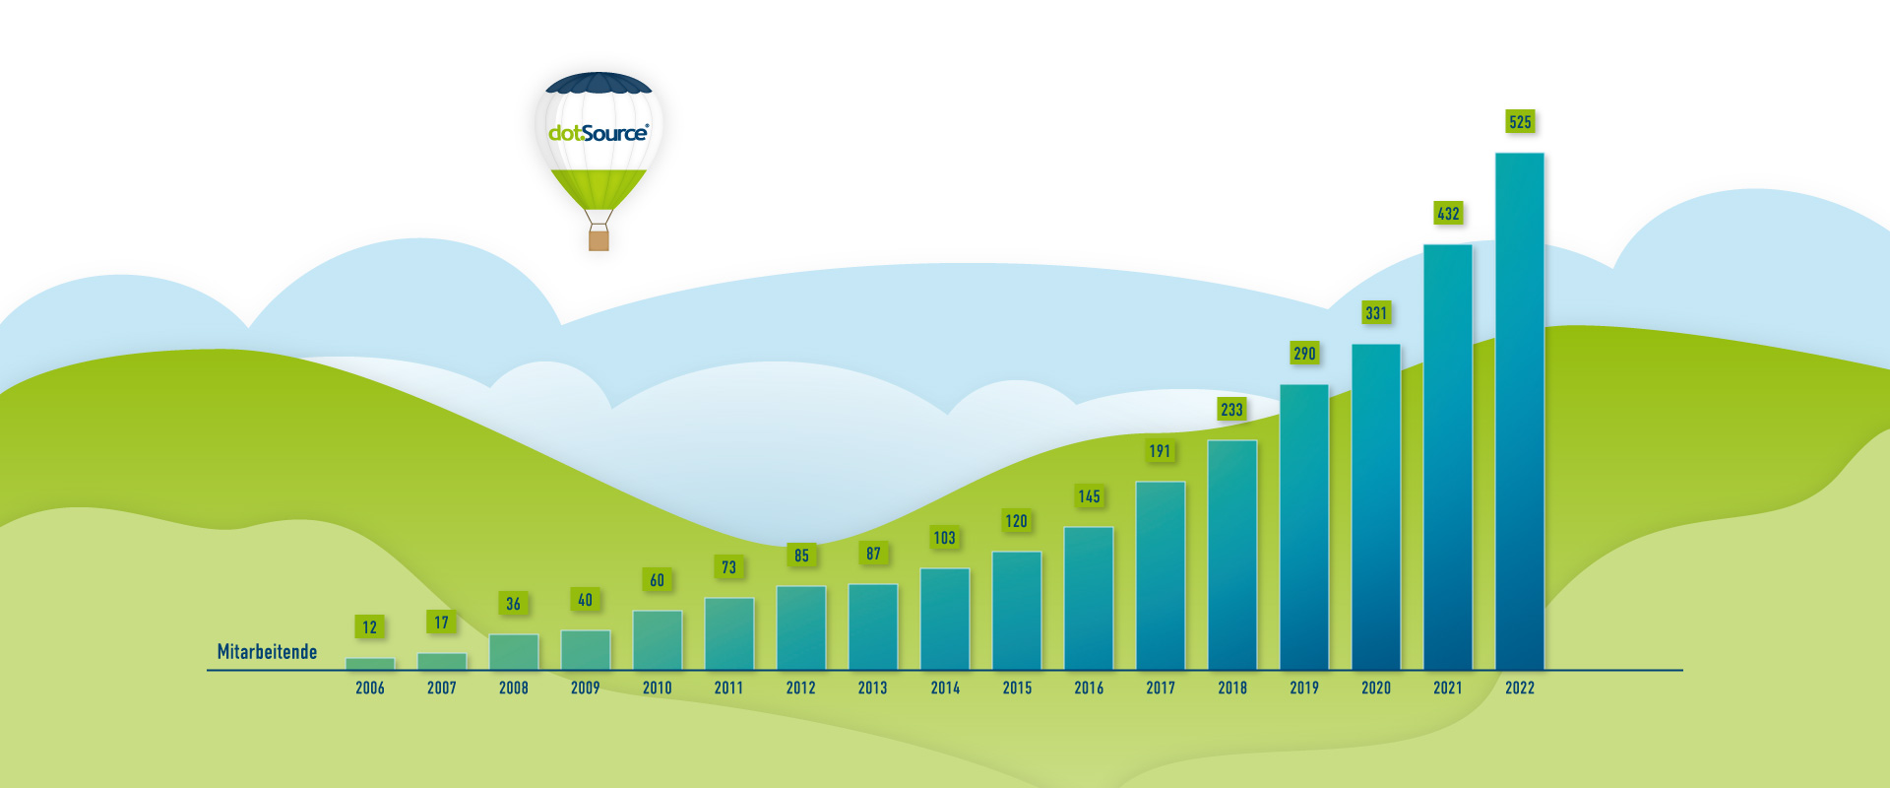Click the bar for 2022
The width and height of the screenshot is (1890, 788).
1520,412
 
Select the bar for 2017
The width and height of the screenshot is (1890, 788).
1161,576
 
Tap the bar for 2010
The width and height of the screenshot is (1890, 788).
658,640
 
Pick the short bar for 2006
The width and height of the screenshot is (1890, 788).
370,664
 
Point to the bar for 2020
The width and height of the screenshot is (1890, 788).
1376,507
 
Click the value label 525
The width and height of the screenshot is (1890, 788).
1520,122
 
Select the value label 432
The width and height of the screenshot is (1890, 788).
1448,213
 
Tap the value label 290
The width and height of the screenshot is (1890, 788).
1304,353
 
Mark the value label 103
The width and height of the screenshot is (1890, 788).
944,538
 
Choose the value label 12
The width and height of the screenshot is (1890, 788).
369,627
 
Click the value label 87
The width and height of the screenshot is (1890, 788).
873,554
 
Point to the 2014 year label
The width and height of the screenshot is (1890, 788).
945,688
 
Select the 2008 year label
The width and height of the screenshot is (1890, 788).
514,688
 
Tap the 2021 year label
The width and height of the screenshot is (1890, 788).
1448,688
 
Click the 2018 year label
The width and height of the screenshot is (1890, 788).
1232,688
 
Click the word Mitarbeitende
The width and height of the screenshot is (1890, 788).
267,652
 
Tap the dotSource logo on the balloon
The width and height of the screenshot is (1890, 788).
598,133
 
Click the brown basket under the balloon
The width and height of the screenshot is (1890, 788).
598,239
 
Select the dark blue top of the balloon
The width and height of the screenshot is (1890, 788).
598,83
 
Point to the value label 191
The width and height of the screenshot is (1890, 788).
1160,451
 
